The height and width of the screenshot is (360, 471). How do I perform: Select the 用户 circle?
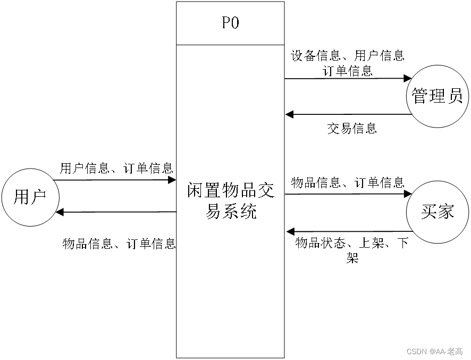29,197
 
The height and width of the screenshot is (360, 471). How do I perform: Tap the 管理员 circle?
437,96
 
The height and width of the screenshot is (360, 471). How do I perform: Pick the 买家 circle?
437,212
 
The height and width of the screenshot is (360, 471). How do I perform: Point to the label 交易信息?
352,128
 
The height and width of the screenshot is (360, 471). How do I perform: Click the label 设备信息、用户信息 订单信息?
348,62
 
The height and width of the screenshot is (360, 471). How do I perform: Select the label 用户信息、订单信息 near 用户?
116,169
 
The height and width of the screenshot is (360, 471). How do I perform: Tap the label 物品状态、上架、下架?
352,250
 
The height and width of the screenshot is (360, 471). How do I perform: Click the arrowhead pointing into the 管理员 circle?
408,79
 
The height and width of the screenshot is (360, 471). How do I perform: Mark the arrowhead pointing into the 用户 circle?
60,212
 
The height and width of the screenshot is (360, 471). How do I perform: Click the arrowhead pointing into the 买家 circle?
408,194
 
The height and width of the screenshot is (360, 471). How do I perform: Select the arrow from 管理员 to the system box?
348,114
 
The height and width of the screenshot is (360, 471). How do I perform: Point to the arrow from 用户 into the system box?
114,180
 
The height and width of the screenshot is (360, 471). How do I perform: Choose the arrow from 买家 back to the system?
348,231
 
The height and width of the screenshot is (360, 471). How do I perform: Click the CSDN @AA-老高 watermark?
434,351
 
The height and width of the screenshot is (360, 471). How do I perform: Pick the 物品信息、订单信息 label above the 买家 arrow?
348,183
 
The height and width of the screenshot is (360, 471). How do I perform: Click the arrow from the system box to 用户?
117,212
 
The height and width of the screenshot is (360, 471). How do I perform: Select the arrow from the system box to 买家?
346,194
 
